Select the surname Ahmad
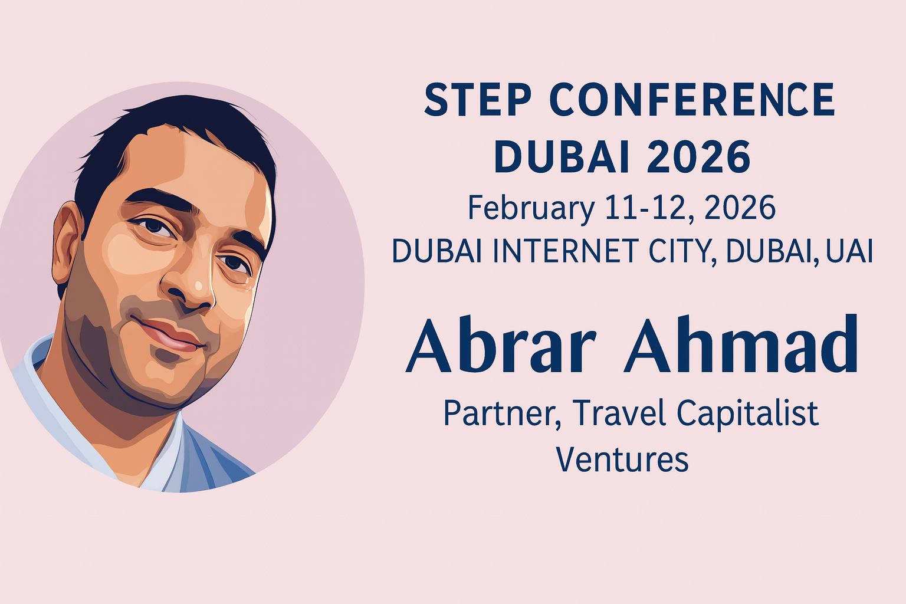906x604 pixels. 741,347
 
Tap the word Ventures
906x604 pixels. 623,459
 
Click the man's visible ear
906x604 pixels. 65,242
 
